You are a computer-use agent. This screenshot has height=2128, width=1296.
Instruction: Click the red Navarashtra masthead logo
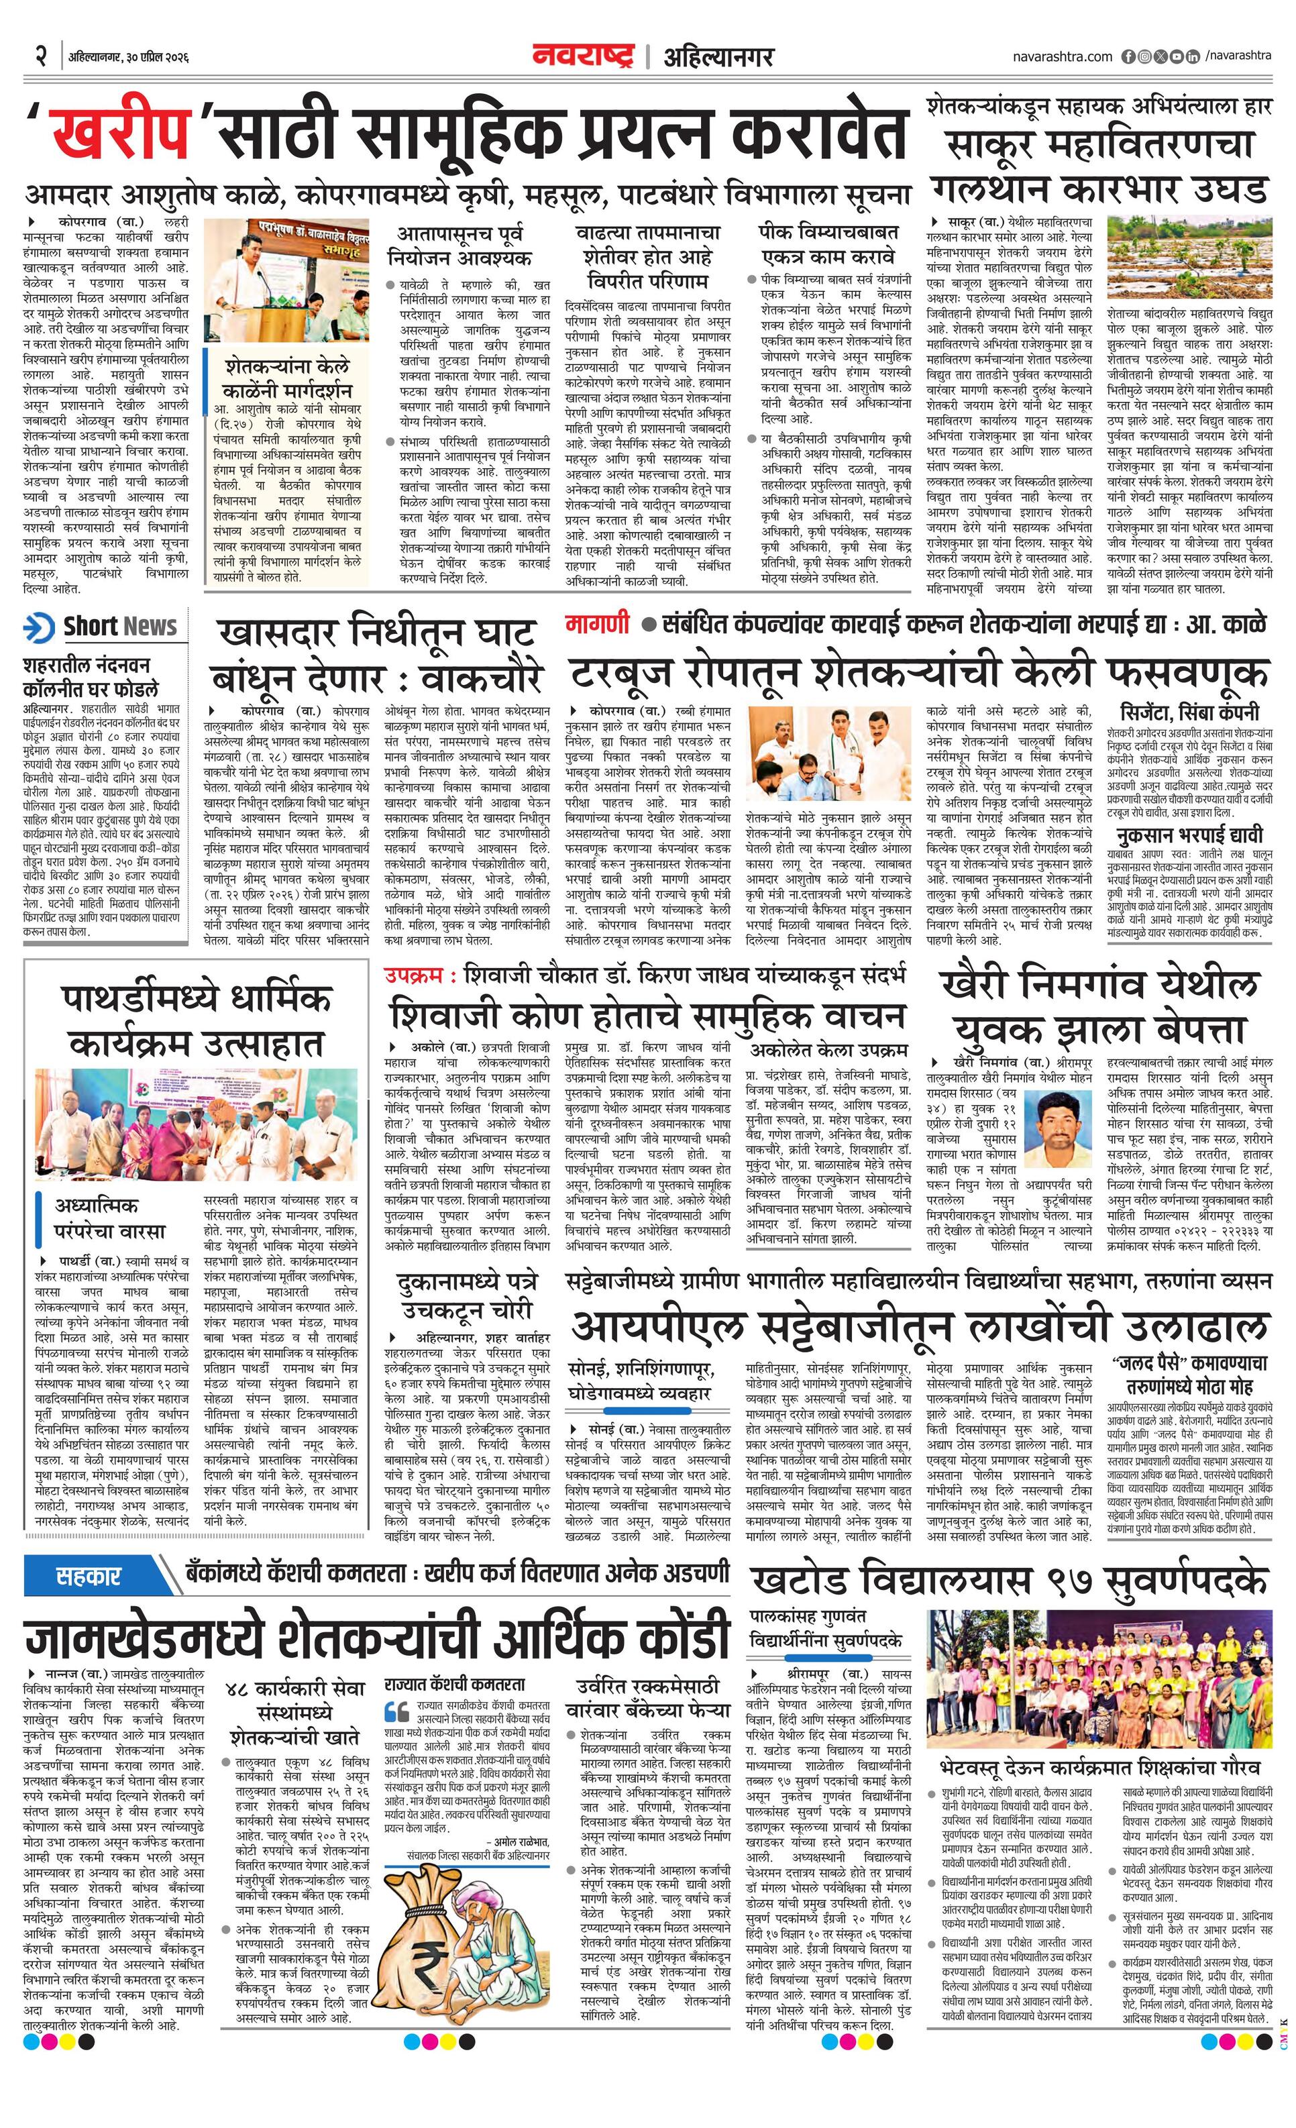[583, 56]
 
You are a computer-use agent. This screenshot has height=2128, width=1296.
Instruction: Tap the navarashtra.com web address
[1062, 57]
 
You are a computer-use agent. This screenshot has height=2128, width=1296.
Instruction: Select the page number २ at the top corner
[40, 56]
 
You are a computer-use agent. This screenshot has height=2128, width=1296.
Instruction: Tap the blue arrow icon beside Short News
[40, 628]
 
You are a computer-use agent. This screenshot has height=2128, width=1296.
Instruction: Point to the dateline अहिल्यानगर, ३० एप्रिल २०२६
[129, 57]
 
